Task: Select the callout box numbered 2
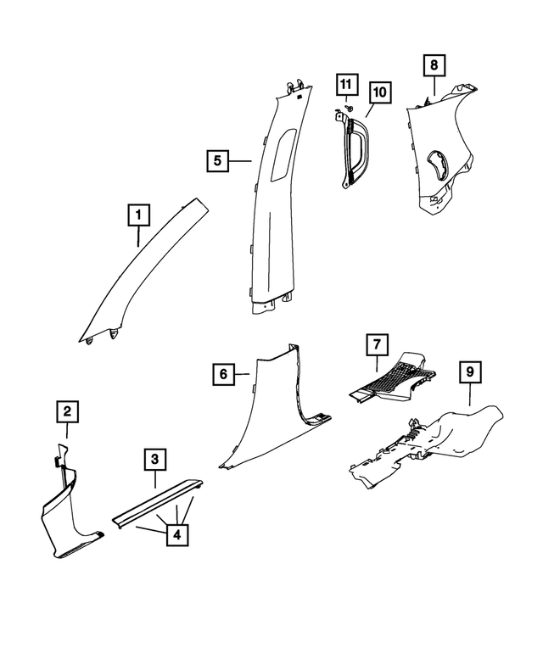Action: click(x=68, y=412)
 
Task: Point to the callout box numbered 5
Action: click(x=217, y=160)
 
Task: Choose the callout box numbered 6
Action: click(x=222, y=373)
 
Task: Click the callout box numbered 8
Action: click(x=434, y=65)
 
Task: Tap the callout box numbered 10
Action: click(x=378, y=91)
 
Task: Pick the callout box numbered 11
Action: click(x=346, y=85)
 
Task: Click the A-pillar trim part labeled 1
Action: click(x=144, y=271)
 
